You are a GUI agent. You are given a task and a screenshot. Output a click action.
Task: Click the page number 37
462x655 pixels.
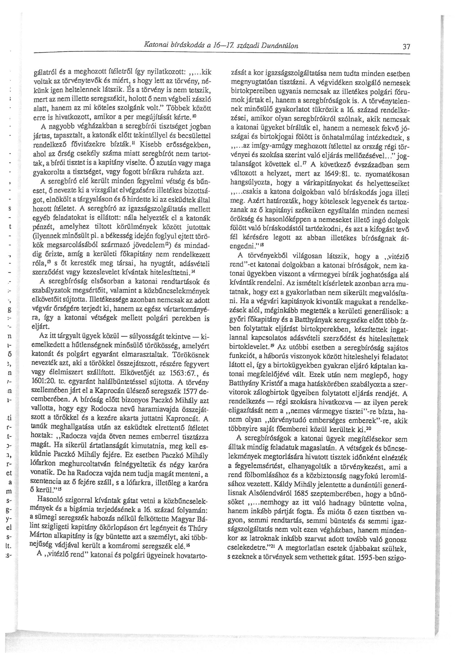point(406,47)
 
